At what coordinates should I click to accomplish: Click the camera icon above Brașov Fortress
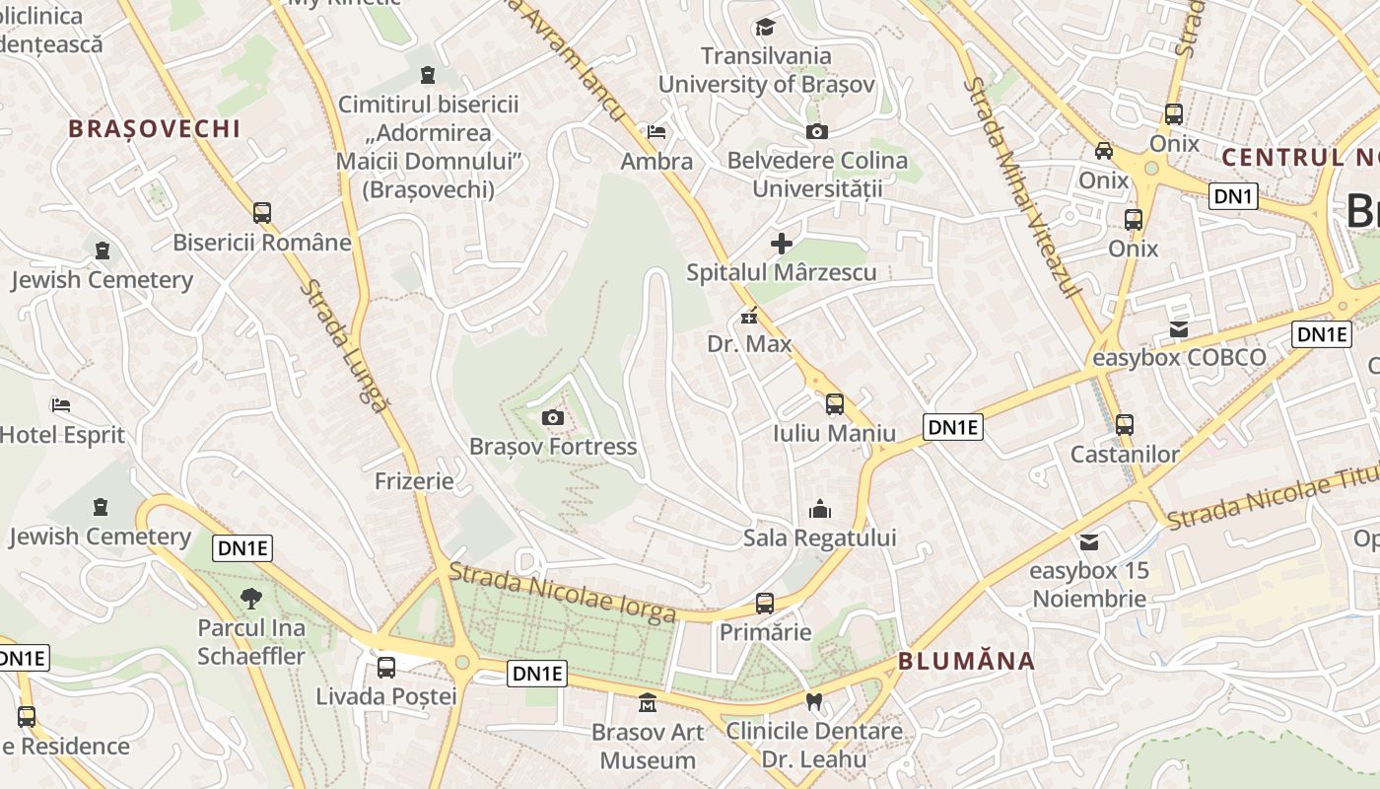click(553, 418)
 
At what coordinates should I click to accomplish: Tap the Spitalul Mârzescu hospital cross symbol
click(782, 243)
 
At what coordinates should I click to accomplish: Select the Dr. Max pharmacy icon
click(749, 317)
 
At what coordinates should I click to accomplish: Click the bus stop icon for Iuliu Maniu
click(834, 404)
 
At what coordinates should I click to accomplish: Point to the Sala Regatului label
click(819, 538)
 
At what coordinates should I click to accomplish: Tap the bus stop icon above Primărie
click(764, 604)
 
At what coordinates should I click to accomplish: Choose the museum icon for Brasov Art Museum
click(648, 703)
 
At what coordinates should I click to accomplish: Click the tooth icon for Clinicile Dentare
click(814, 702)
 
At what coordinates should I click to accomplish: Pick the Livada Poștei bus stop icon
click(386, 668)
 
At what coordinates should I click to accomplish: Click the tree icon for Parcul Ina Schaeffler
click(251, 598)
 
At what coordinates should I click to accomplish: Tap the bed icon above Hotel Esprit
click(61, 405)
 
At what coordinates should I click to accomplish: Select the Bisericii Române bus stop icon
click(262, 213)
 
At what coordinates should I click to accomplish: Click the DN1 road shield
click(1233, 196)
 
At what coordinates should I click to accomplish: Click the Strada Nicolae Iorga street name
click(563, 593)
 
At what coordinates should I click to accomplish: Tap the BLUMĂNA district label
click(966, 661)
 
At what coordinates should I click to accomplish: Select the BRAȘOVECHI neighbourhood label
click(155, 128)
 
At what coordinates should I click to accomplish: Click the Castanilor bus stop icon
click(1125, 425)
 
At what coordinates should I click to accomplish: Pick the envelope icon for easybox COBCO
click(1179, 329)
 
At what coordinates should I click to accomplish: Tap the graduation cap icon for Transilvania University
click(765, 27)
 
